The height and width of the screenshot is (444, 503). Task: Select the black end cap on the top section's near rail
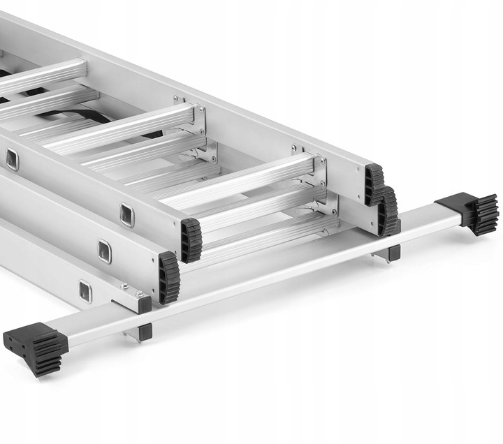click(191, 240)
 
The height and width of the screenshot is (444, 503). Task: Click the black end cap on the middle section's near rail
click(168, 278)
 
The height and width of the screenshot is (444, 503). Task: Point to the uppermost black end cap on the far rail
click(374, 184)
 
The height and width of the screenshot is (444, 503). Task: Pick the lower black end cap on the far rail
click(388, 210)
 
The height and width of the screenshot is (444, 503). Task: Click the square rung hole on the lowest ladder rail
click(85, 291)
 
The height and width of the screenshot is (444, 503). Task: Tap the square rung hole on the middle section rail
click(104, 251)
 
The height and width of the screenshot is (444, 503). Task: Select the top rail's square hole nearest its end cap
click(126, 215)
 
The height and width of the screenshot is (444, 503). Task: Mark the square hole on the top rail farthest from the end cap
click(13, 160)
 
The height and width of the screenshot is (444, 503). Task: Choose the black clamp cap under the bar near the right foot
click(393, 253)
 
